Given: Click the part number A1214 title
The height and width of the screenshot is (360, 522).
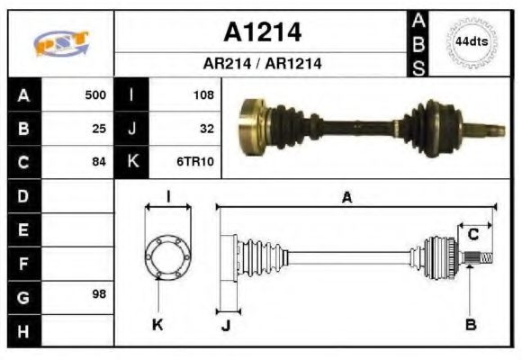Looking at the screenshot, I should point(262,33).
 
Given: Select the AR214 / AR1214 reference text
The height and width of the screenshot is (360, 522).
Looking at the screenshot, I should point(262,64).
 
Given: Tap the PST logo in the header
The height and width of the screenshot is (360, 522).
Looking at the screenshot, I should point(61,44).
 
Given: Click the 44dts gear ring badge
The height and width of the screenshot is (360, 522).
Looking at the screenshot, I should point(471,42).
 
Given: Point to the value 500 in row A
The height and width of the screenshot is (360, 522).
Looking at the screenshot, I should point(95,94).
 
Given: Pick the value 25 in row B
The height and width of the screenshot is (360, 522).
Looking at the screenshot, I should point(99,129).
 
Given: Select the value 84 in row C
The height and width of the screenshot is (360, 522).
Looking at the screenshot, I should point(99,163).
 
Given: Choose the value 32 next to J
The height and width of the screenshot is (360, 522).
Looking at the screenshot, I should point(206,129).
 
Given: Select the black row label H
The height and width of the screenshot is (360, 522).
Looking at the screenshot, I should point(23,330).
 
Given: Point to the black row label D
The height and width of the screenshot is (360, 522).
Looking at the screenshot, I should point(23,195).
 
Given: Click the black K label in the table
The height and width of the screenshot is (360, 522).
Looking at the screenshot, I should point(132,163).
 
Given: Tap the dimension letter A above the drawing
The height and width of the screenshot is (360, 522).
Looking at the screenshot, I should point(346,198).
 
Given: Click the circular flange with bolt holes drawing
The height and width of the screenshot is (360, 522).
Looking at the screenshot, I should point(168,256).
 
